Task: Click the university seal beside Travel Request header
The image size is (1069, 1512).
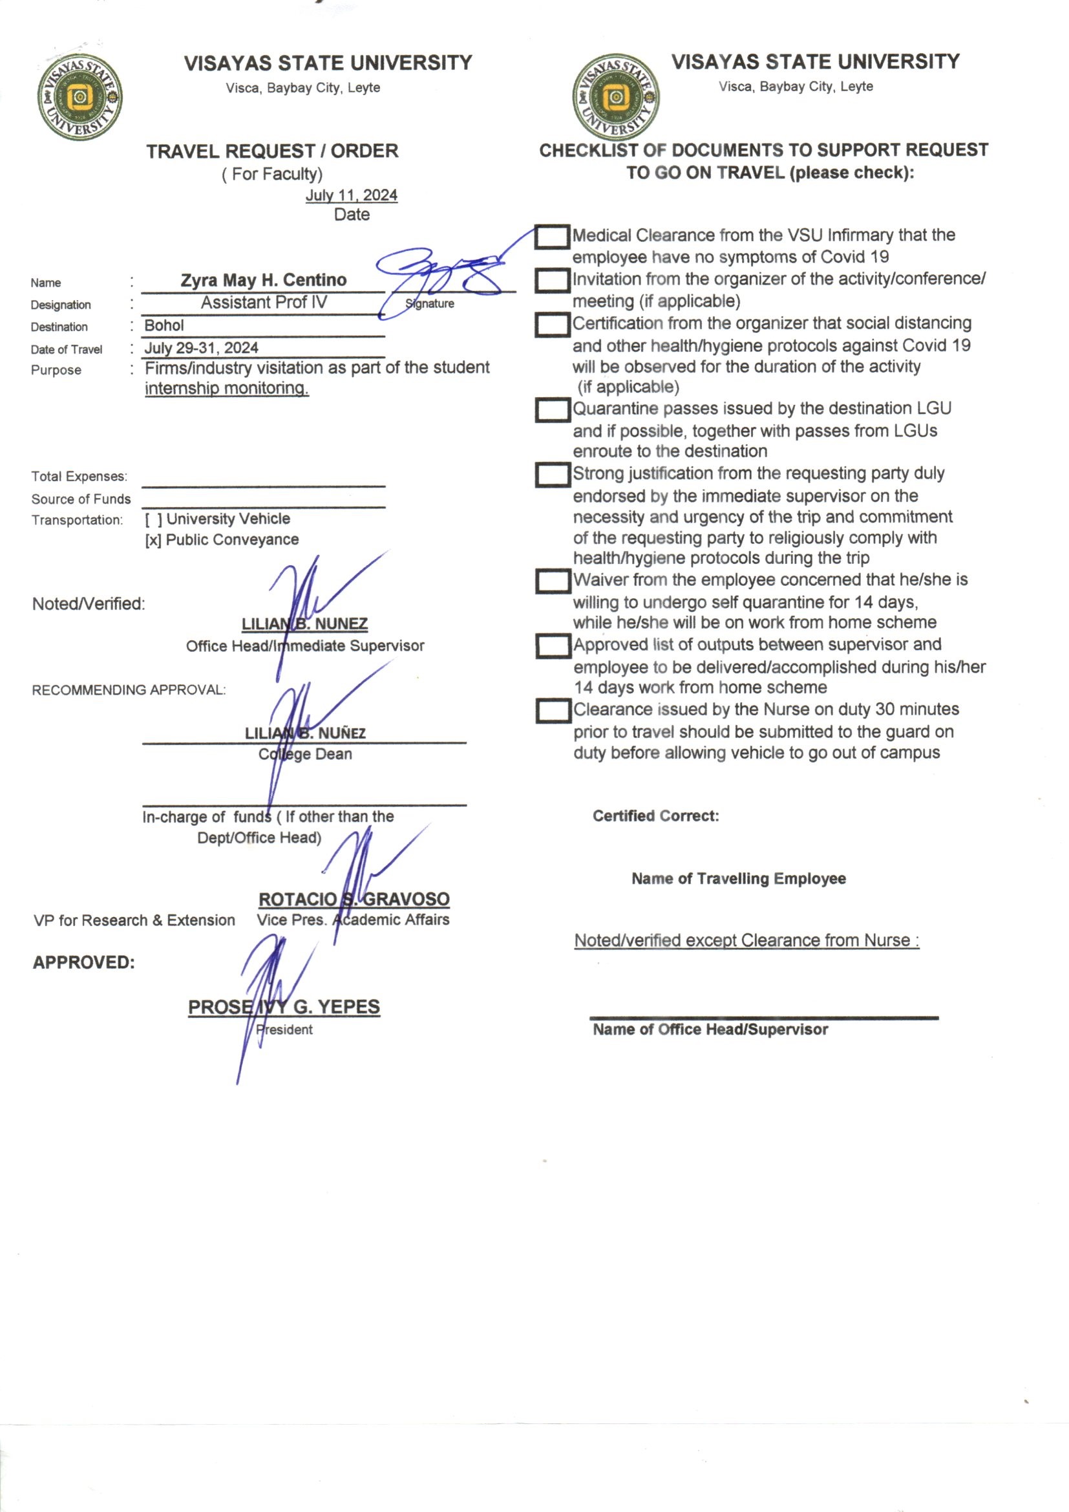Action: tap(79, 98)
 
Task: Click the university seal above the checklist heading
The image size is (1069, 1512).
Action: tap(615, 98)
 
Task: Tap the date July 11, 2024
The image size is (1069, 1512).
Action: tap(351, 195)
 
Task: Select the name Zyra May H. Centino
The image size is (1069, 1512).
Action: tap(263, 280)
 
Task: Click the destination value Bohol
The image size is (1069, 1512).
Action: tap(164, 325)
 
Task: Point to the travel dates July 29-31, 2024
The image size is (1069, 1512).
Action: tap(202, 348)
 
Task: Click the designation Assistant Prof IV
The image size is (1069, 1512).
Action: tap(263, 302)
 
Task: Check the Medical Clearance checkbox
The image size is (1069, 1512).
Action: tap(551, 237)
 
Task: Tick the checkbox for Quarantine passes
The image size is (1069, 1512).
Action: tap(551, 409)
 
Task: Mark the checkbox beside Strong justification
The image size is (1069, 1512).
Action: tap(551, 475)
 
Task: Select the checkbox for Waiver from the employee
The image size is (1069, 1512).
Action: tap(551, 581)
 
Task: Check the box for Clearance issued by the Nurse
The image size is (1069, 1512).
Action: tap(551, 711)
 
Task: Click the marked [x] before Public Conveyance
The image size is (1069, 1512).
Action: tap(153, 540)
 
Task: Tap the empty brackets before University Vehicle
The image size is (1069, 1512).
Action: tap(153, 519)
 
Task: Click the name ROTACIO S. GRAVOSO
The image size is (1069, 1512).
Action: tap(354, 899)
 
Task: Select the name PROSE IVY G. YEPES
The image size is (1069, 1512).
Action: tap(284, 1007)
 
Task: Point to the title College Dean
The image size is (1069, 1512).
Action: tap(305, 754)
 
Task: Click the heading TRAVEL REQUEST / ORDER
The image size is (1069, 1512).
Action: tap(272, 151)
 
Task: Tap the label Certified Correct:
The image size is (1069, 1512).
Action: tap(655, 816)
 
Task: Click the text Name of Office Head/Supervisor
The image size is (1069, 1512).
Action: tap(710, 1030)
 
